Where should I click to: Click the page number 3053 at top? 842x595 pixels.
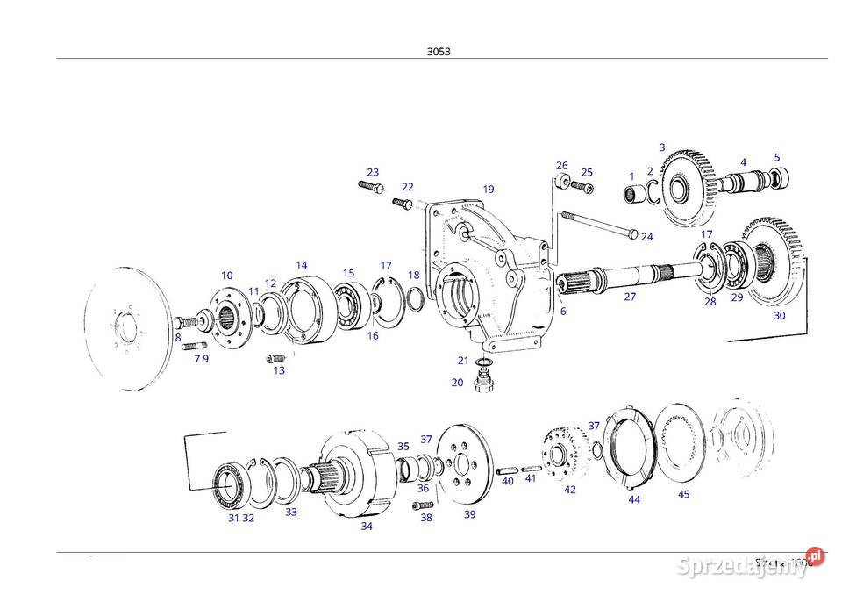[439, 51]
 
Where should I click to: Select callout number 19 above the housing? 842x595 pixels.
[488, 189]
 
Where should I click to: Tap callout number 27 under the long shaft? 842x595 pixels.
[630, 297]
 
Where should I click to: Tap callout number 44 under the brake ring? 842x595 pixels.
[634, 499]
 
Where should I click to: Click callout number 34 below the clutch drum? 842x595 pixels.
[367, 526]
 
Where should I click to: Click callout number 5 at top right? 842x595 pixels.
[776, 157]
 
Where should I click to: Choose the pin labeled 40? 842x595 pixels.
[507, 467]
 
